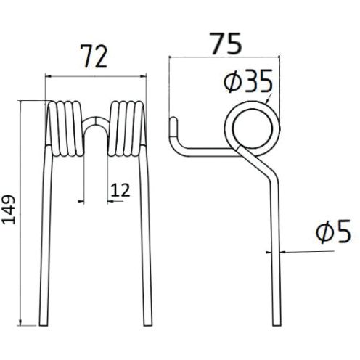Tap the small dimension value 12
point(120,190)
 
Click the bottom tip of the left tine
point(50,324)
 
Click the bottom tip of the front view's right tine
point(147,324)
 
